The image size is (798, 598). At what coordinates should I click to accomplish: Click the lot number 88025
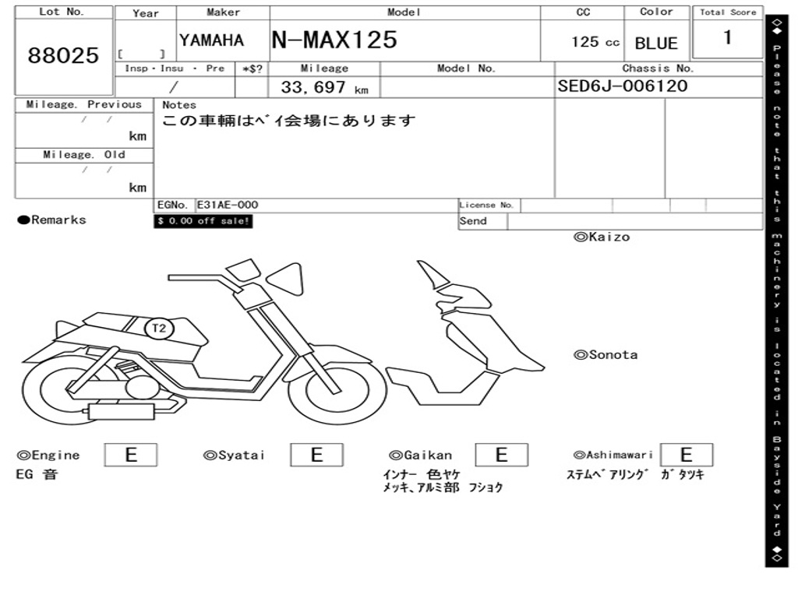tap(63, 55)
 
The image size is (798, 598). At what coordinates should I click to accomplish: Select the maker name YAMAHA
tap(212, 40)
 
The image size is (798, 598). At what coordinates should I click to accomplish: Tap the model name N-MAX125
tap(334, 40)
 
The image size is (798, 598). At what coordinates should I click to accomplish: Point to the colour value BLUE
tap(656, 44)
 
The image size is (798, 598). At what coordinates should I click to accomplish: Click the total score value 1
tap(728, 37)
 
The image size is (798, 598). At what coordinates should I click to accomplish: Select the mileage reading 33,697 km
tap(325, 87)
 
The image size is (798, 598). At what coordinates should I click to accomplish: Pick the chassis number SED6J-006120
tap(623, 86)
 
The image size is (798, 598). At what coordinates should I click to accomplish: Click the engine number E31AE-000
tap(228, 205)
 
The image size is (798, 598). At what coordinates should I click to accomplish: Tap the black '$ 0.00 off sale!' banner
tap(203, 221)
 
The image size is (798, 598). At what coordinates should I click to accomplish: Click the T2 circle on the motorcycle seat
tap(159, 328)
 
